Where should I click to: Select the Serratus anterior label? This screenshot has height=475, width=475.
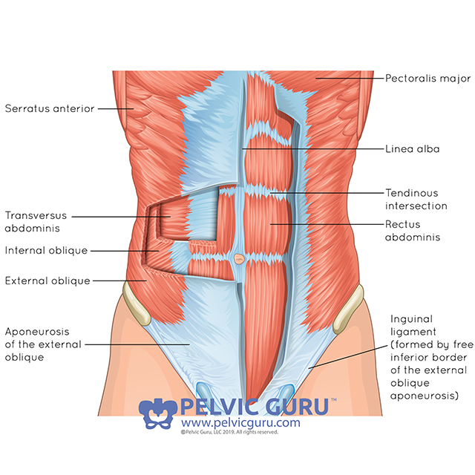point(49,108)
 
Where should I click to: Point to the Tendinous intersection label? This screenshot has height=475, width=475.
point(416,199)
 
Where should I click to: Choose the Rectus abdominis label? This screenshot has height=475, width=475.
point(413,231)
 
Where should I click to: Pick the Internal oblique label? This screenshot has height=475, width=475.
point(46,251)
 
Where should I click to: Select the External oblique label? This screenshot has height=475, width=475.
point(47,281)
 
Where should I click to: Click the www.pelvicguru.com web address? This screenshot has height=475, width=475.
point(240,423)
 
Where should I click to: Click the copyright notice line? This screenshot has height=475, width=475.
point(229,431)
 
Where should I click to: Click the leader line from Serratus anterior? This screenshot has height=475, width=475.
point(115,108)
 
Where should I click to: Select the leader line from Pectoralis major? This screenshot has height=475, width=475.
point(349,77)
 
